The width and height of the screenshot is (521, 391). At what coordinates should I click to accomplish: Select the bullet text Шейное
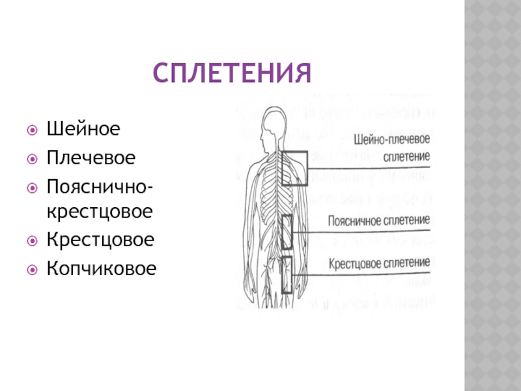(83, 128)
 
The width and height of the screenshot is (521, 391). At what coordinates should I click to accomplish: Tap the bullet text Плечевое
(91, 158)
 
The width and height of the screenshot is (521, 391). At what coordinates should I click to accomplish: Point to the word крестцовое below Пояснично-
(100, 212)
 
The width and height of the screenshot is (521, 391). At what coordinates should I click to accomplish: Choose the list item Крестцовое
(100, 240)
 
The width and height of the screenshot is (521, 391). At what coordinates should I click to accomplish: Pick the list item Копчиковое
(102, 268)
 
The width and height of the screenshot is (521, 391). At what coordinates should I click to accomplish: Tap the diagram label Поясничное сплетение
(379, 220)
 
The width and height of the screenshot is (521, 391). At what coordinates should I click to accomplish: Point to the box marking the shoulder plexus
(295, 169)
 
